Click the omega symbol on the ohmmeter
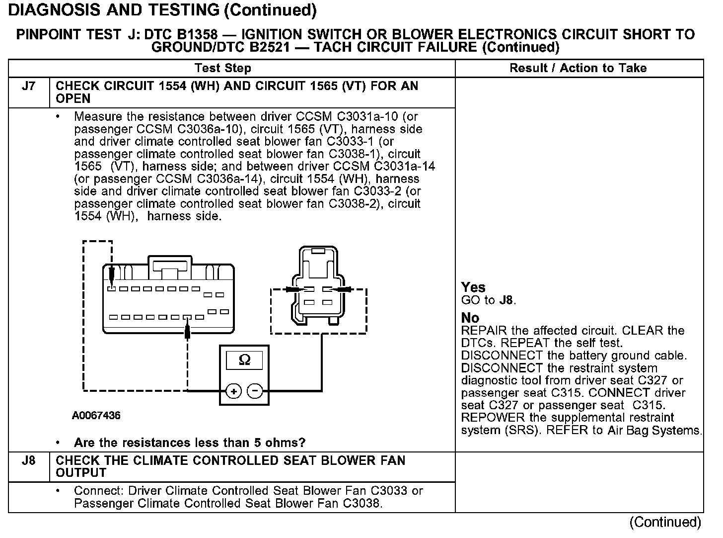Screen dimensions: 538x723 244,360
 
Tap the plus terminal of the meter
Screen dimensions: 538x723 233,391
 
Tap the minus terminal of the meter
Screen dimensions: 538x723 255,391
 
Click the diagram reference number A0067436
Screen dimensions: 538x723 96,416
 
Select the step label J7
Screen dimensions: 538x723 29,86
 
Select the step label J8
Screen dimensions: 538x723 29,460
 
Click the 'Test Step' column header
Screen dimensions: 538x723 223,68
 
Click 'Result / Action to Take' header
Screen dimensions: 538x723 578,68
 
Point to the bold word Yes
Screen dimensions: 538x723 473,287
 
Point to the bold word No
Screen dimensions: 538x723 470,318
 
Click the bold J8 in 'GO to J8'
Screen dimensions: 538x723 506,300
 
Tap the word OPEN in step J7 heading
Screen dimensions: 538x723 73,98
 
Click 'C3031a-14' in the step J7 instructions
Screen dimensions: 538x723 404,166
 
